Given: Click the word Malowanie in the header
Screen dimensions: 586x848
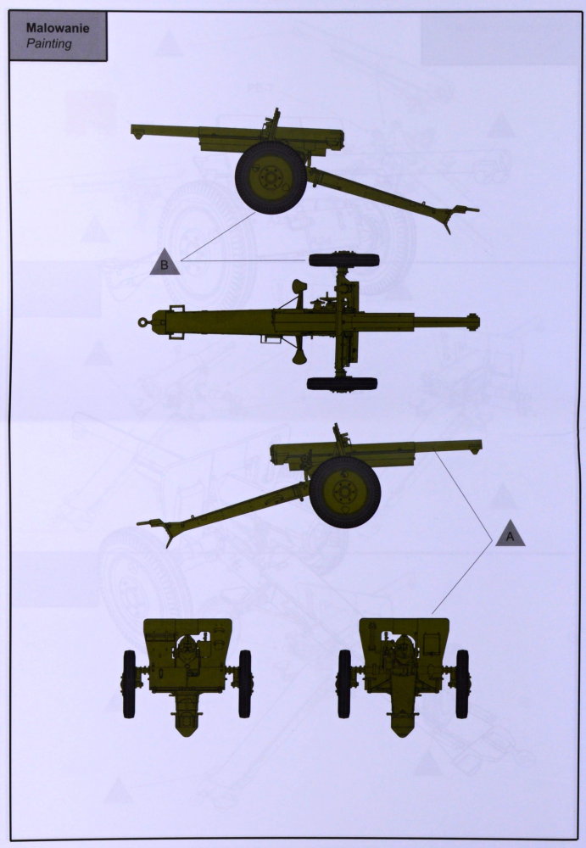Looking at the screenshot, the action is [x=58, y=28].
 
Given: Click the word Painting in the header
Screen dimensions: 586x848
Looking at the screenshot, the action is [x=48, y=43].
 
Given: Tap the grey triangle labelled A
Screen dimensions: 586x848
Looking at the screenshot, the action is [x=510, y=533].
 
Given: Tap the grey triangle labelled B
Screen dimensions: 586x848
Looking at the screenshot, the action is [x=165, y=263].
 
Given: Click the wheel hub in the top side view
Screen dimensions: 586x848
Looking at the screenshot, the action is [x=269, y=177].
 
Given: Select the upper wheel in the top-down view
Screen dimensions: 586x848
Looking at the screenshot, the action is [x=343, y=260].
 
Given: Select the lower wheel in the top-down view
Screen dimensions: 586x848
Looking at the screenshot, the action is [x=342, y=383].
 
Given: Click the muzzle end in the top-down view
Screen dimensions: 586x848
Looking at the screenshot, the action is [x=475, y=321].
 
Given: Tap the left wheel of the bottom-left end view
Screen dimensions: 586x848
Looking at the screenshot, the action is [x=129, y=684].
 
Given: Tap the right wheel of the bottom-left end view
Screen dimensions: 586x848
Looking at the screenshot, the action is [x=245, y=684].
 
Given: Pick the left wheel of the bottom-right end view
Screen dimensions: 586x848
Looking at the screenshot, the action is [x=344, y=684].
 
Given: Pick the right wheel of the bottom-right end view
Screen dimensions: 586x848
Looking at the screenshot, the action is [x=462, y=684].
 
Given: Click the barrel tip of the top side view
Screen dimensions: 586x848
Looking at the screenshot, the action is [x=136, y=131].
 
